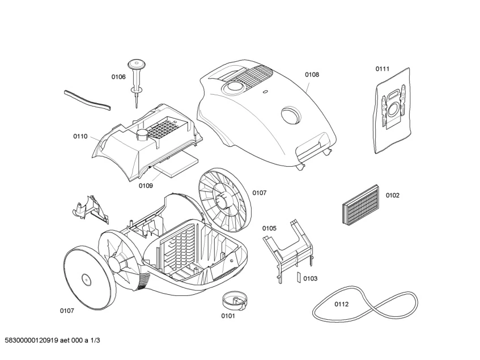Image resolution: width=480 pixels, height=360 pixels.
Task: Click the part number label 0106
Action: (x=118, y=77)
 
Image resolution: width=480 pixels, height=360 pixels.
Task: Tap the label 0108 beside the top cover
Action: (x=312, y=74)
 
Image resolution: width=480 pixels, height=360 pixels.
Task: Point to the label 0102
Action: (x=393, y=196)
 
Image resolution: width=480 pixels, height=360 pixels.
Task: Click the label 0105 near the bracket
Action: (x=269, y=228)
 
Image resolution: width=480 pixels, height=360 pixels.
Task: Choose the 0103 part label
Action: (x=310, y=278)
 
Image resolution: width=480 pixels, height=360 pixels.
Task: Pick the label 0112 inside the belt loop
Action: (x=341, y=304)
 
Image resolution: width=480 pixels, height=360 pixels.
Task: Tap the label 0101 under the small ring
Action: (x=228, y=316)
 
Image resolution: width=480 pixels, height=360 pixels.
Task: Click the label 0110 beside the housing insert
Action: (x=80, y=136)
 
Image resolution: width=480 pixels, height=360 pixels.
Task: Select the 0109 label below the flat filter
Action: (x=146, y=185)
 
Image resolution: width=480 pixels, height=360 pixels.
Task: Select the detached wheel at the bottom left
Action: (x=86, y=278)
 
